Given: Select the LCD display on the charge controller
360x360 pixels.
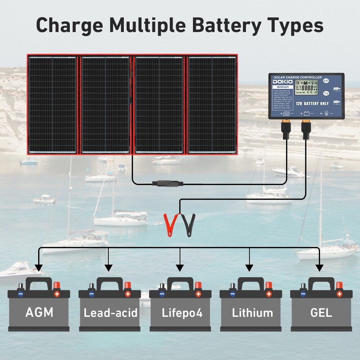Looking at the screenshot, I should click(x=306, y=87).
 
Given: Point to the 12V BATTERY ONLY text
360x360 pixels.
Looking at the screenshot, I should click(x=312, y=103).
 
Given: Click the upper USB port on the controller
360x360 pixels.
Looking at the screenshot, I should click(x=336, y=89).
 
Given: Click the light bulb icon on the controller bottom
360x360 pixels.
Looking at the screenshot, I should click(x=327, y=113).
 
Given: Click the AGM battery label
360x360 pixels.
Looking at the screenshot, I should click(x=39, y=312).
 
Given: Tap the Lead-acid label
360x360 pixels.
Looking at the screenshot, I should click(x=111, y=312).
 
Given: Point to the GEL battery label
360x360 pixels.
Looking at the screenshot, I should click(x=321, y=312).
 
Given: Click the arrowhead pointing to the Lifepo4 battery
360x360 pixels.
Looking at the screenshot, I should click(x=180, y=268).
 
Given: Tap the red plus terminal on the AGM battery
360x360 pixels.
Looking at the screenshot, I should click(x=57, y=294).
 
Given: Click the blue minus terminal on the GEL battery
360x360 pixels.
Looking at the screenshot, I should click(x=303, y=294).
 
